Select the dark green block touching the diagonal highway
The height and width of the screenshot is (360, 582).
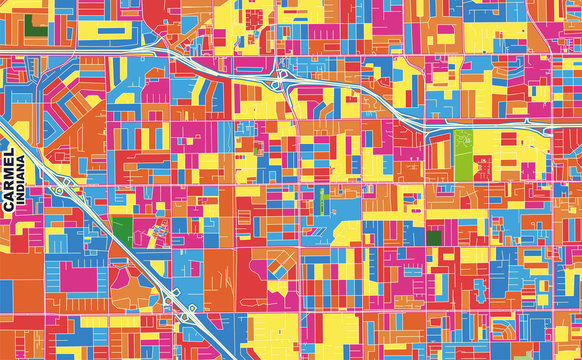pyautogui.click(x=121, y=228)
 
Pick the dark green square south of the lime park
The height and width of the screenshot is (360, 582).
pyautogui.click(x=434, y=237)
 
